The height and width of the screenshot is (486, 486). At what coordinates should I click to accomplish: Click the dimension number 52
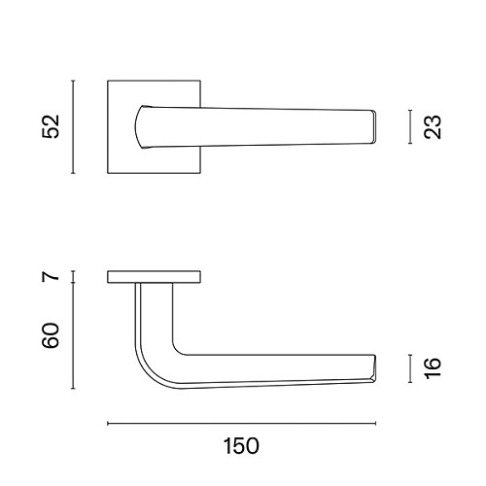[x=52, y=126]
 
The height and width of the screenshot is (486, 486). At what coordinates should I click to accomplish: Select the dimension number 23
[x=433, y=127]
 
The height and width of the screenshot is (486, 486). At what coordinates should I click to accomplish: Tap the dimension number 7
[x=52, y=276]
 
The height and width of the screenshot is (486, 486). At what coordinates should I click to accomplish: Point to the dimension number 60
[x=52, y=335]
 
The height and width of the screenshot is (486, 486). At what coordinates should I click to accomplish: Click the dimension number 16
[x=433, y=368]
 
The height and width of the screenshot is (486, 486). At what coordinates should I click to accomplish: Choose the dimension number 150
[x=241, y=446]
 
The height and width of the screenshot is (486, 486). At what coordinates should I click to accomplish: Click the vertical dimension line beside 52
[x=73, y=126]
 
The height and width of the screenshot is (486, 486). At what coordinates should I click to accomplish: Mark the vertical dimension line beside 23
[x=410, y=126]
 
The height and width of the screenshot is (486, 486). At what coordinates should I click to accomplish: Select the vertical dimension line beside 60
[x=73, y=335]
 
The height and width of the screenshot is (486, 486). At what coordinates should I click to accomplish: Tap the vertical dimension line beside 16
[x=410, y=368]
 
